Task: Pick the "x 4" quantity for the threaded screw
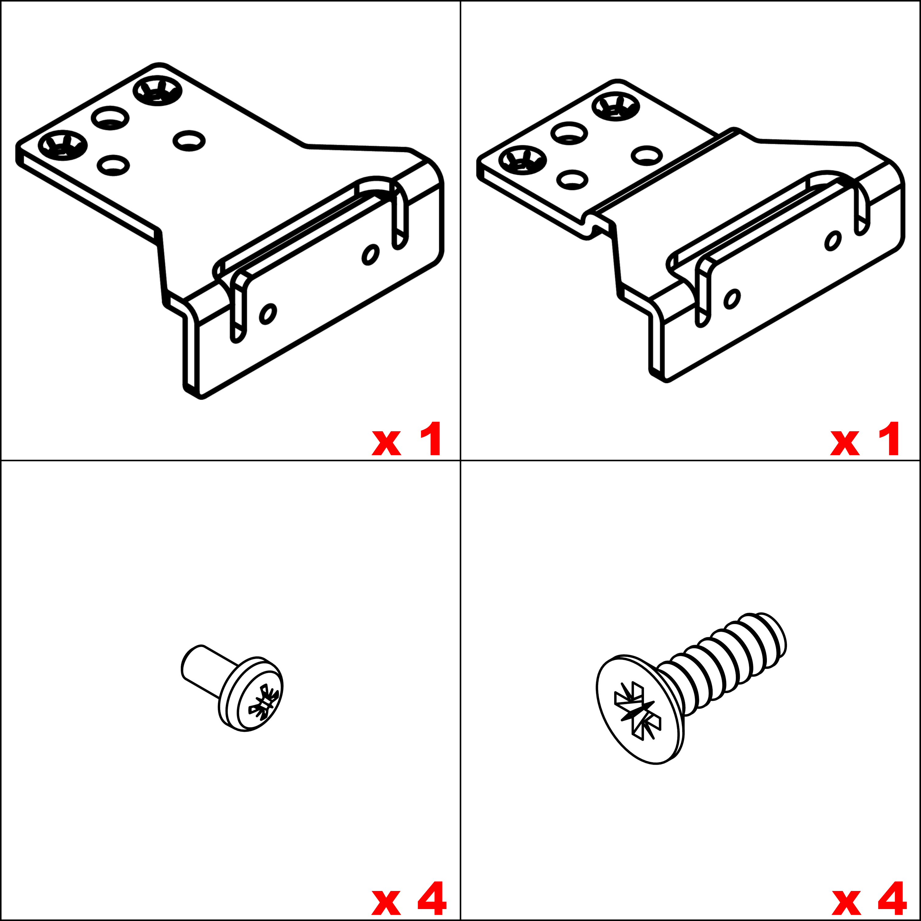869,898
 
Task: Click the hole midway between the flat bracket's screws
110,117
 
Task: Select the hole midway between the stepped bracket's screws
569,133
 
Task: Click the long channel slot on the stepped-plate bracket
767,219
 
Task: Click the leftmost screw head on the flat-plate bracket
63,144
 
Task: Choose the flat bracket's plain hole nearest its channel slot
189,140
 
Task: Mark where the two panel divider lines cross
460,460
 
